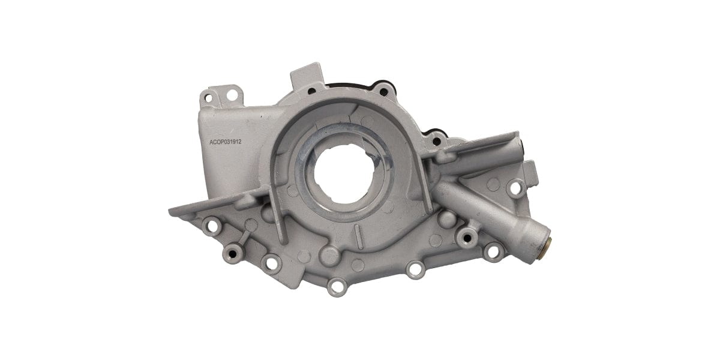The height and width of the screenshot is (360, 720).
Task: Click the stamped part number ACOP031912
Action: [224, 142]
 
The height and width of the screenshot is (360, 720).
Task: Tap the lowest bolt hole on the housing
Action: [337, 287]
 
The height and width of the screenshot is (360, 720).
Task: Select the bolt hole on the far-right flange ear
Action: [514, 188]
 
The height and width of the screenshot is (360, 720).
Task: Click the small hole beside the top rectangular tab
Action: [312, 92]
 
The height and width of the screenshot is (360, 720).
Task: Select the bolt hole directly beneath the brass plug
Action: [492, 251]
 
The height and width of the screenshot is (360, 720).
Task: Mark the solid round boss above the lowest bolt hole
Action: [330, 255]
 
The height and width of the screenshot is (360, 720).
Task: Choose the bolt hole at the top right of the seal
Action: [382, 91]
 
